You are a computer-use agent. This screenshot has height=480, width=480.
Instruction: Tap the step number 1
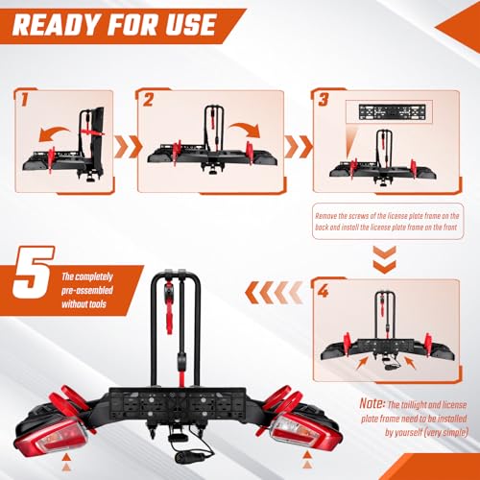pyautogui.click(x=24, y=99)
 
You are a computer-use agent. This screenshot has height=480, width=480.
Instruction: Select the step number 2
pyautogui.click(x=148, y=99)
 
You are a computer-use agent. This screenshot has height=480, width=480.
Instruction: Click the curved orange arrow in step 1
pyautogui.click(x=51, y=136)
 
